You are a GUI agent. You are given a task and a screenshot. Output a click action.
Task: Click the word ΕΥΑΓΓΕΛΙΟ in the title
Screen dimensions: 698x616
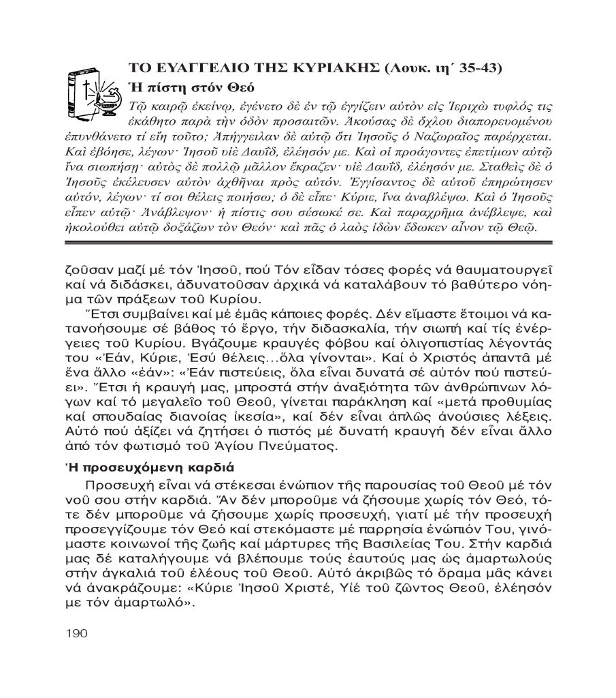[x=190, y=68]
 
